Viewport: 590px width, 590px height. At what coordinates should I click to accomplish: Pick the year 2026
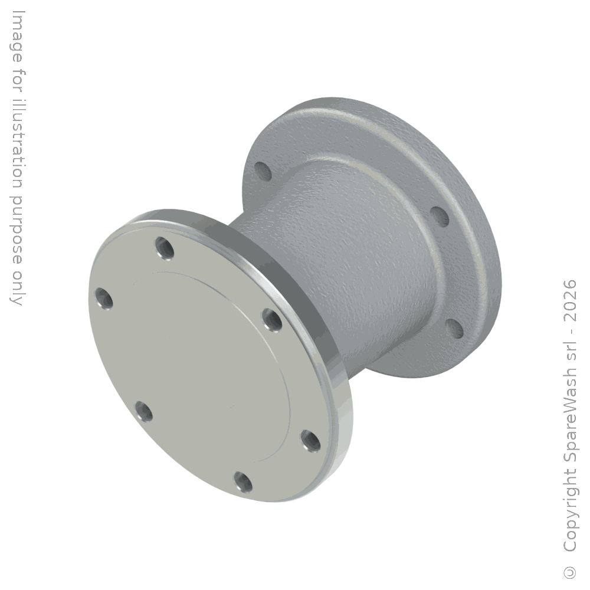(x=570, y=301)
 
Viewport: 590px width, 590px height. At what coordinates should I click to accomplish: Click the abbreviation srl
(x=570, y=355)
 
